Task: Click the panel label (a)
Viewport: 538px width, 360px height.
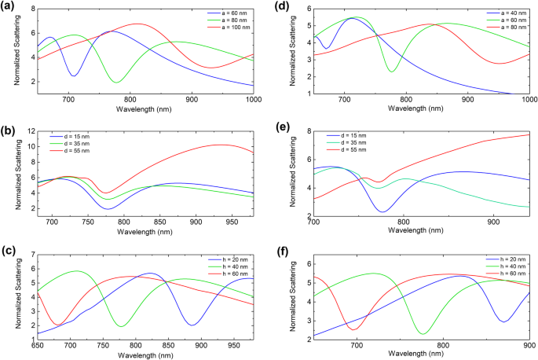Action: click(x=10, y=7)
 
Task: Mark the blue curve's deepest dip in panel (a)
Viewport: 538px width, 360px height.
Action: click(x=74, y=76)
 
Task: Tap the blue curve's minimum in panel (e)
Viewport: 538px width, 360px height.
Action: click(x=382, y=211)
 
